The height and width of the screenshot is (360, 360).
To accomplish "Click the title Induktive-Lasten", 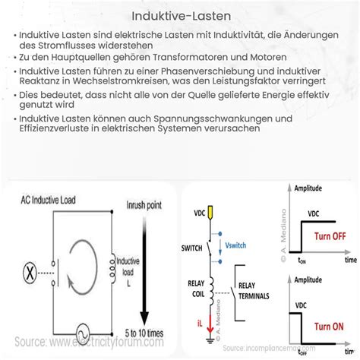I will click(179, 14).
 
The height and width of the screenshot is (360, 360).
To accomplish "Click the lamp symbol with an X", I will click(31, 270).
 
